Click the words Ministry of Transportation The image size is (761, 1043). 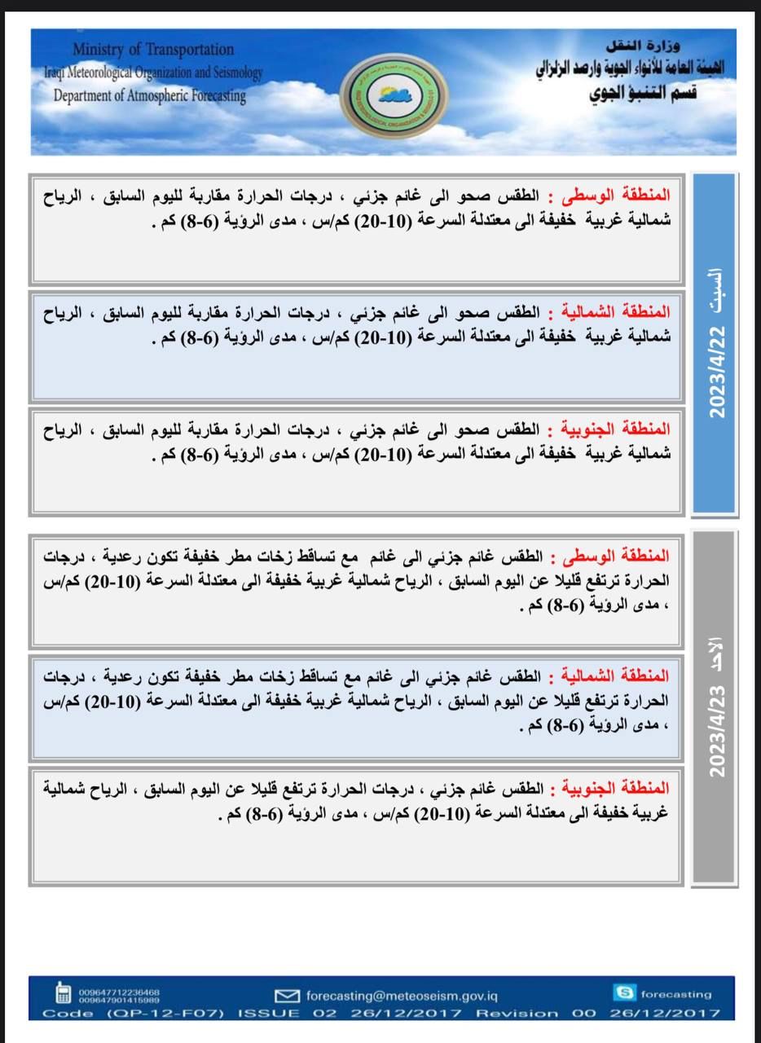coord(152,50)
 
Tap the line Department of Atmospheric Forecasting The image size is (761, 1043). coord(149,95)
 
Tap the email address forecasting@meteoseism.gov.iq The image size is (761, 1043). coord(402,996)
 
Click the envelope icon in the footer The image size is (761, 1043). coord(288,996)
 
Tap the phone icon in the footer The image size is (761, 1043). coord(63,994)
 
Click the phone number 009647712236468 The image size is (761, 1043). coord(119,991)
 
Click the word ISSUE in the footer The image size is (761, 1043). coord(268,1014)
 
